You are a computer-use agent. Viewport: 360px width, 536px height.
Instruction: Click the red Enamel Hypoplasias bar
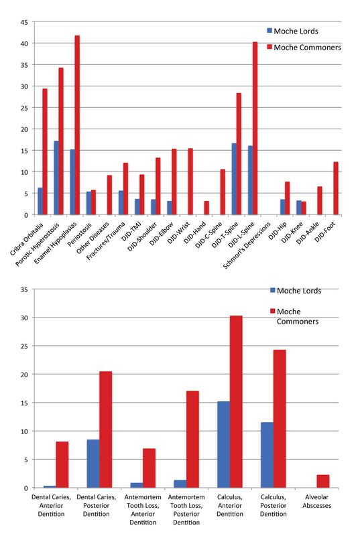tap(77, 125)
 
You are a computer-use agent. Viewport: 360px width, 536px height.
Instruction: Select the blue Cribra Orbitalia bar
tap(40, 202)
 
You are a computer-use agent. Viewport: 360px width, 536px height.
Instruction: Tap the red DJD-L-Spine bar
tap(255, 129)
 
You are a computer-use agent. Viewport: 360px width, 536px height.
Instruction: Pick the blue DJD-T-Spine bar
tap(234, 179)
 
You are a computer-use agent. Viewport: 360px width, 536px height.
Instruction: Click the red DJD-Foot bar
tap(336, 188)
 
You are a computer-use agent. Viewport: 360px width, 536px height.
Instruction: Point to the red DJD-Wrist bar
tap(190, 182)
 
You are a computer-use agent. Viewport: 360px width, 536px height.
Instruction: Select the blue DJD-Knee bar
tap(299, 208)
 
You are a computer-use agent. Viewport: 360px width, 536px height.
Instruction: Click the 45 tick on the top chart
tap(25, 22)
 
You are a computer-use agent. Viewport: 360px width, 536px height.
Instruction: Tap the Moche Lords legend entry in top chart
tap(293, 31)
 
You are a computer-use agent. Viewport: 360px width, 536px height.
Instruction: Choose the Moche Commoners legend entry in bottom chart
tap(295, 316)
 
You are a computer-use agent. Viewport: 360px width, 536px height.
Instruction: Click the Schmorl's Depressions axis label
tap(247, 245)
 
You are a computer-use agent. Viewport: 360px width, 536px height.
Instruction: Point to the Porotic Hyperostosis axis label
tap(38, 245)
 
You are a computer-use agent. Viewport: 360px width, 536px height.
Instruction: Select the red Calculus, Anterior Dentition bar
tap(236, 401)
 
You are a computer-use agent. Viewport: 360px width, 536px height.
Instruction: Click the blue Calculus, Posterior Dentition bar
tap(267, 455)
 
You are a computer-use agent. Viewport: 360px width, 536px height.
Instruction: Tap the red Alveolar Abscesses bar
tap(323, 481)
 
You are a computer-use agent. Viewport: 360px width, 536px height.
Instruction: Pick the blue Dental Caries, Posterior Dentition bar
tap(93, 464)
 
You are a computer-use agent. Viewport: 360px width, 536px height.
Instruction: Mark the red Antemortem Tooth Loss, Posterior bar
tap(192, 440)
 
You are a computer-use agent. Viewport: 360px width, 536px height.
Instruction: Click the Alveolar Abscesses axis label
tap(316, 501)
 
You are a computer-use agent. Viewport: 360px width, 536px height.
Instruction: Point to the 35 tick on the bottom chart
tap(24, 290)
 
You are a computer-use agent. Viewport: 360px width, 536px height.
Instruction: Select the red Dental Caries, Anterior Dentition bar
tap(62, 465)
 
